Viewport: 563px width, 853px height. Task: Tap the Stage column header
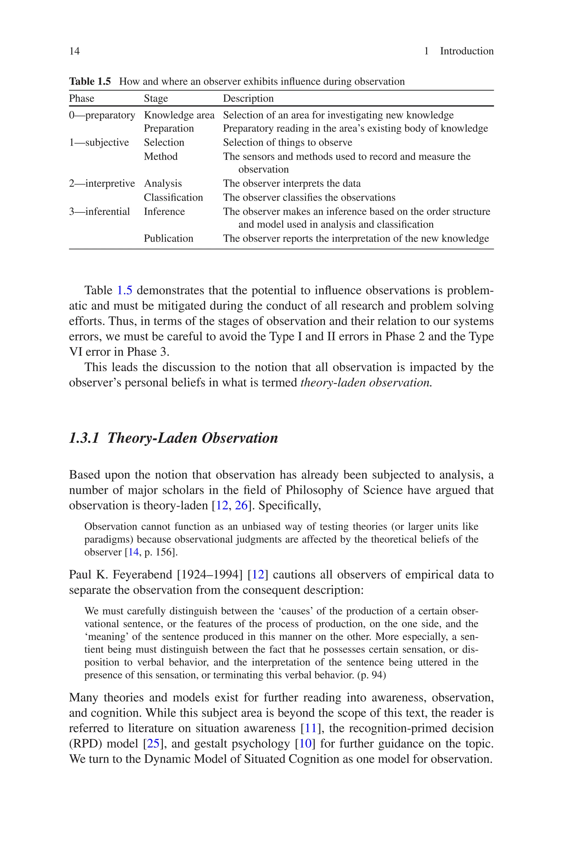(156, 98)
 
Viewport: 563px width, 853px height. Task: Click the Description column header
(248, 98)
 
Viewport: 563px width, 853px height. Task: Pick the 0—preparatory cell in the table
(102, 115)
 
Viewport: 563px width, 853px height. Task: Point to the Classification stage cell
(173, 197)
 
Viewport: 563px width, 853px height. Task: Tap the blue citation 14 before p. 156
(133, 552)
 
